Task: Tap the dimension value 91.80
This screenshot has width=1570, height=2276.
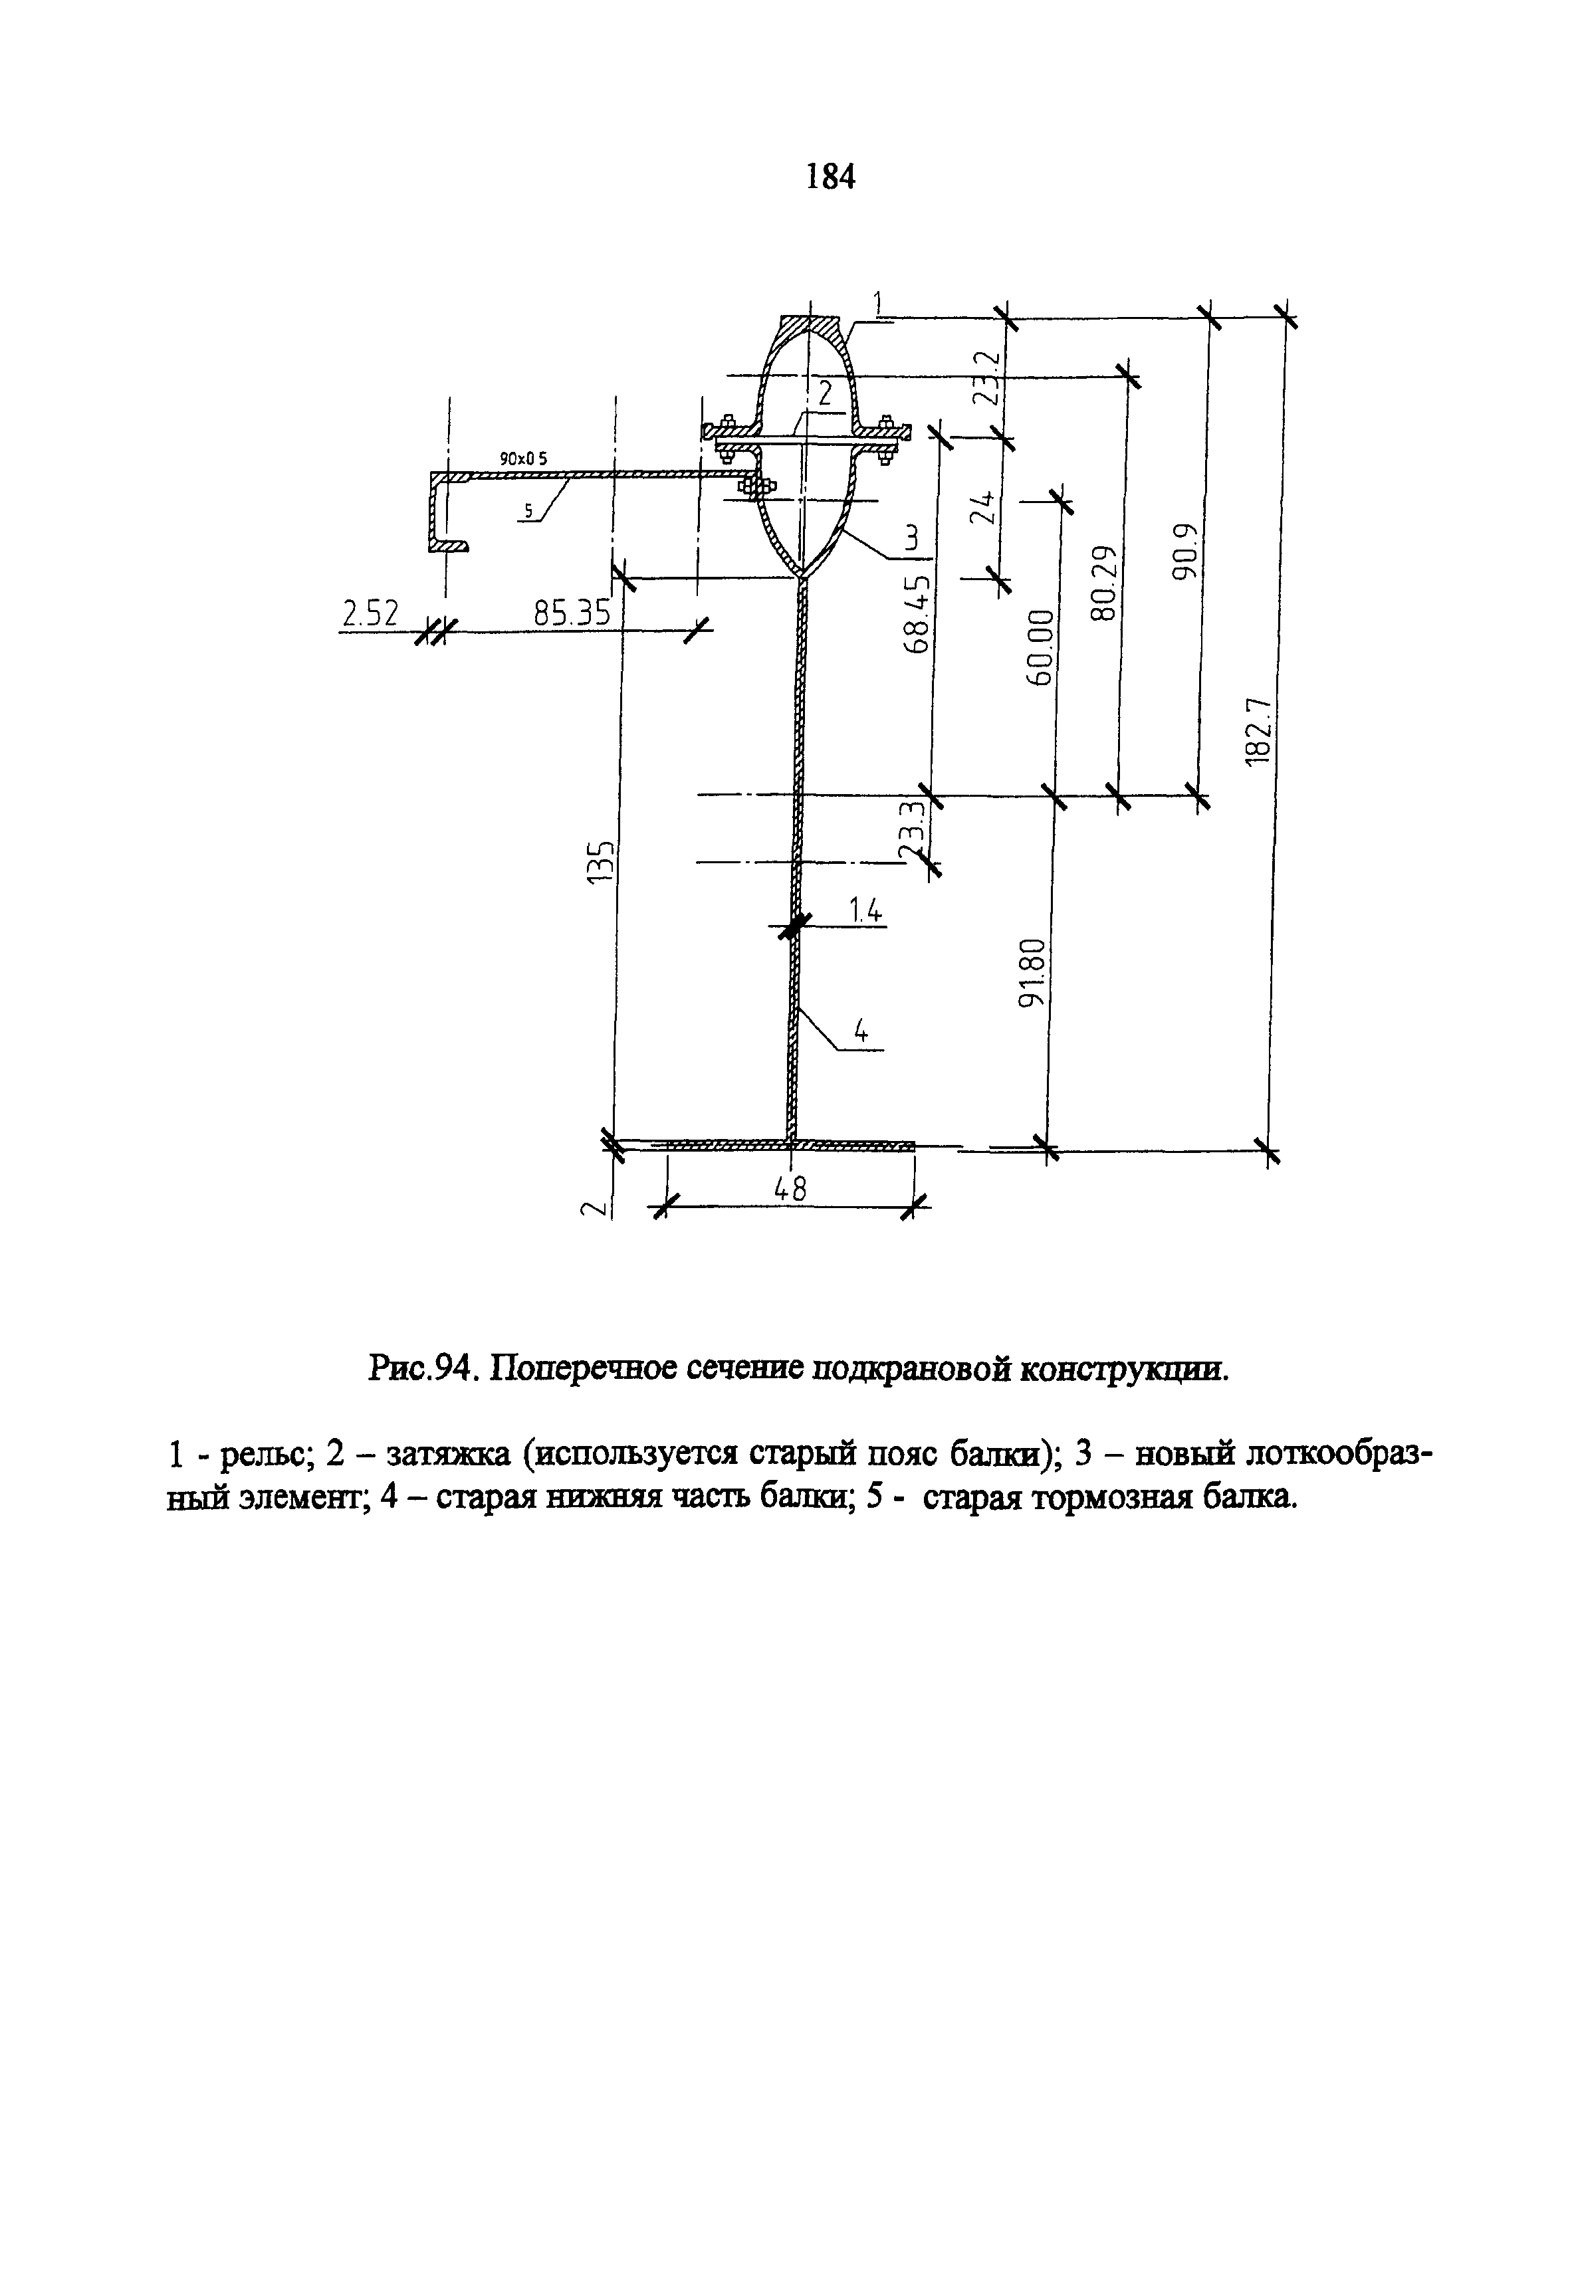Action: [x=1031, y=974]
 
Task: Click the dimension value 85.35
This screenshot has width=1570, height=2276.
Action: [x=572, y=614]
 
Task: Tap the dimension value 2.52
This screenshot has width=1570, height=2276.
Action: [x=370, y=614]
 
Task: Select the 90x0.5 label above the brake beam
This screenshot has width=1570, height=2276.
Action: [x=522, y=459]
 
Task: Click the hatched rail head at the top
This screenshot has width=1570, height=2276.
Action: [x=810, y=326]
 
